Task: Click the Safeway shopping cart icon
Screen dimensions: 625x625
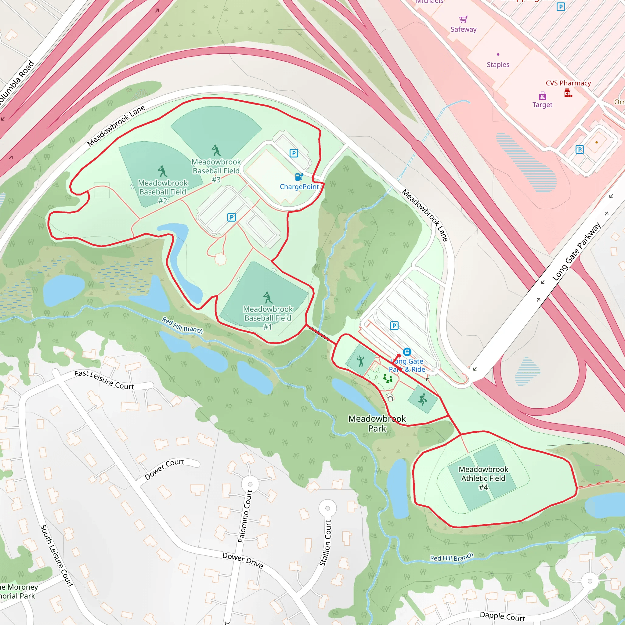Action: (x=463, y=20)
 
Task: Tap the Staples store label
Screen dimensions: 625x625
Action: (x=498, y=65)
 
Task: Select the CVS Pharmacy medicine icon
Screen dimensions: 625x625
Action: (x=568, y=93)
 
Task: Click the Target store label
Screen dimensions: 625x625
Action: (x=542, y=105)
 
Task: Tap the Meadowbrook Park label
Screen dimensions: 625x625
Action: (x=377, y=424)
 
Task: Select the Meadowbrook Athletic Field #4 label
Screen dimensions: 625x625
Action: (x=483, y=478)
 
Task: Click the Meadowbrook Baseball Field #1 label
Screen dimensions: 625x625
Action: (x=268, y=318)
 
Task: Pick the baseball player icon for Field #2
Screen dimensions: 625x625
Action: (x=162, y=172)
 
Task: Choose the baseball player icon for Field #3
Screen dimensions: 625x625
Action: (x=216, y=150)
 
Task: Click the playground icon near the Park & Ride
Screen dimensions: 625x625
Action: (x=387, y=378)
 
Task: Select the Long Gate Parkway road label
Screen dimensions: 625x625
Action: (x=576, y=252)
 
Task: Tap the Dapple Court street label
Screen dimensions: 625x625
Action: (x=502, y=616)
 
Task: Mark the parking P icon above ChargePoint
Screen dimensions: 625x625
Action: (x=294, y=153)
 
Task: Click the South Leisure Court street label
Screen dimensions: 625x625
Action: (x=57, y=556)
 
